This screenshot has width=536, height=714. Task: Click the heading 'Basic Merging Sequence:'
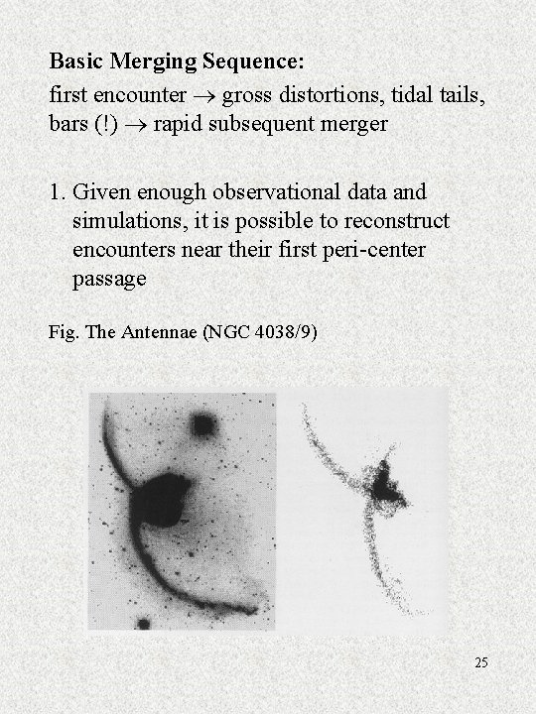(x=178, y=61)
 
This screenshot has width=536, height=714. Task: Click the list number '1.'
(x=60, y=191)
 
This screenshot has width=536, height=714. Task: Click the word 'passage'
(x=109, y=279)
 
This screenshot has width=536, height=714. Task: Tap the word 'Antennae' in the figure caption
(x=162, y=332)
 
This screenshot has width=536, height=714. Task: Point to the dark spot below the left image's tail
(x=144, y=624)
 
